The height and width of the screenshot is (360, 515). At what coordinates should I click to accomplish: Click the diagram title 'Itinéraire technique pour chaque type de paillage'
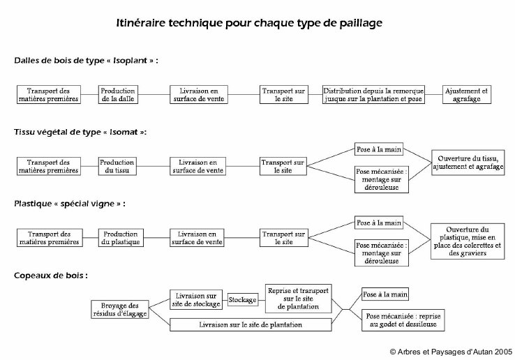[x=249, y=23]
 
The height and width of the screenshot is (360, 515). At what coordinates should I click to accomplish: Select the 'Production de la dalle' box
[x=118, y=95]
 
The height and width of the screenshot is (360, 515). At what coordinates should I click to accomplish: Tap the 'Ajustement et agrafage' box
[x=467, y=95]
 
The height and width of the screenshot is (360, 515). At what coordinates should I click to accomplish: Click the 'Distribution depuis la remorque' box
[x=373, y=95]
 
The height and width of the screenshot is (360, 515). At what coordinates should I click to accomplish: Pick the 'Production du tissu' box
[x=117, y=166]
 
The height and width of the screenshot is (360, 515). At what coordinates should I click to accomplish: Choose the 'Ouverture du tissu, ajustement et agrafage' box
[x=468, y=163]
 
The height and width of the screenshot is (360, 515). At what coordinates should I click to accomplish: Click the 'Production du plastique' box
[x=121, y=238]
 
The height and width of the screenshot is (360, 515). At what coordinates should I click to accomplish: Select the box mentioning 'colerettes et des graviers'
[x=468, y=241]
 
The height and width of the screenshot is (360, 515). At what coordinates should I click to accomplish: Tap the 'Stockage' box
[x=243, y=299]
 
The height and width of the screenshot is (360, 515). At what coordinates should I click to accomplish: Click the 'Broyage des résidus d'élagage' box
[x=120, y=309]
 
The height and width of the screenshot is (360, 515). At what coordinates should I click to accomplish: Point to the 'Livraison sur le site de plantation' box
[x=251, y=324]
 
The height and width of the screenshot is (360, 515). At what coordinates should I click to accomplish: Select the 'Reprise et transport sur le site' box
[x=299, y=299]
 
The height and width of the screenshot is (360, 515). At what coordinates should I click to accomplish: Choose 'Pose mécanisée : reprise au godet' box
[x=403, y=320]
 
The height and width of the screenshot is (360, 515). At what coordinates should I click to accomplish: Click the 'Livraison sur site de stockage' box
[x=196, y=299]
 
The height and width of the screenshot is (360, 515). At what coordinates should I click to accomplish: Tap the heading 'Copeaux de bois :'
[x=51, y=276]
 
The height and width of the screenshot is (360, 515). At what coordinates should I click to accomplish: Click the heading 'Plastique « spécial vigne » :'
[x=70, y=204]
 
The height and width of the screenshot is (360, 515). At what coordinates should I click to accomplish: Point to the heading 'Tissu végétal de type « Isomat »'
[x=80, y=132]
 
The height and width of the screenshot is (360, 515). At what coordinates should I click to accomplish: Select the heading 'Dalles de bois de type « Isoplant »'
[x=86, y=61]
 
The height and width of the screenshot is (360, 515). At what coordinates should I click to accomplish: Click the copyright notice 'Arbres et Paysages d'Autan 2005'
[x=451, y=352]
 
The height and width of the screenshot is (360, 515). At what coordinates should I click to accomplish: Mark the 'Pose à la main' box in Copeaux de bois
[x=385, y=294]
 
